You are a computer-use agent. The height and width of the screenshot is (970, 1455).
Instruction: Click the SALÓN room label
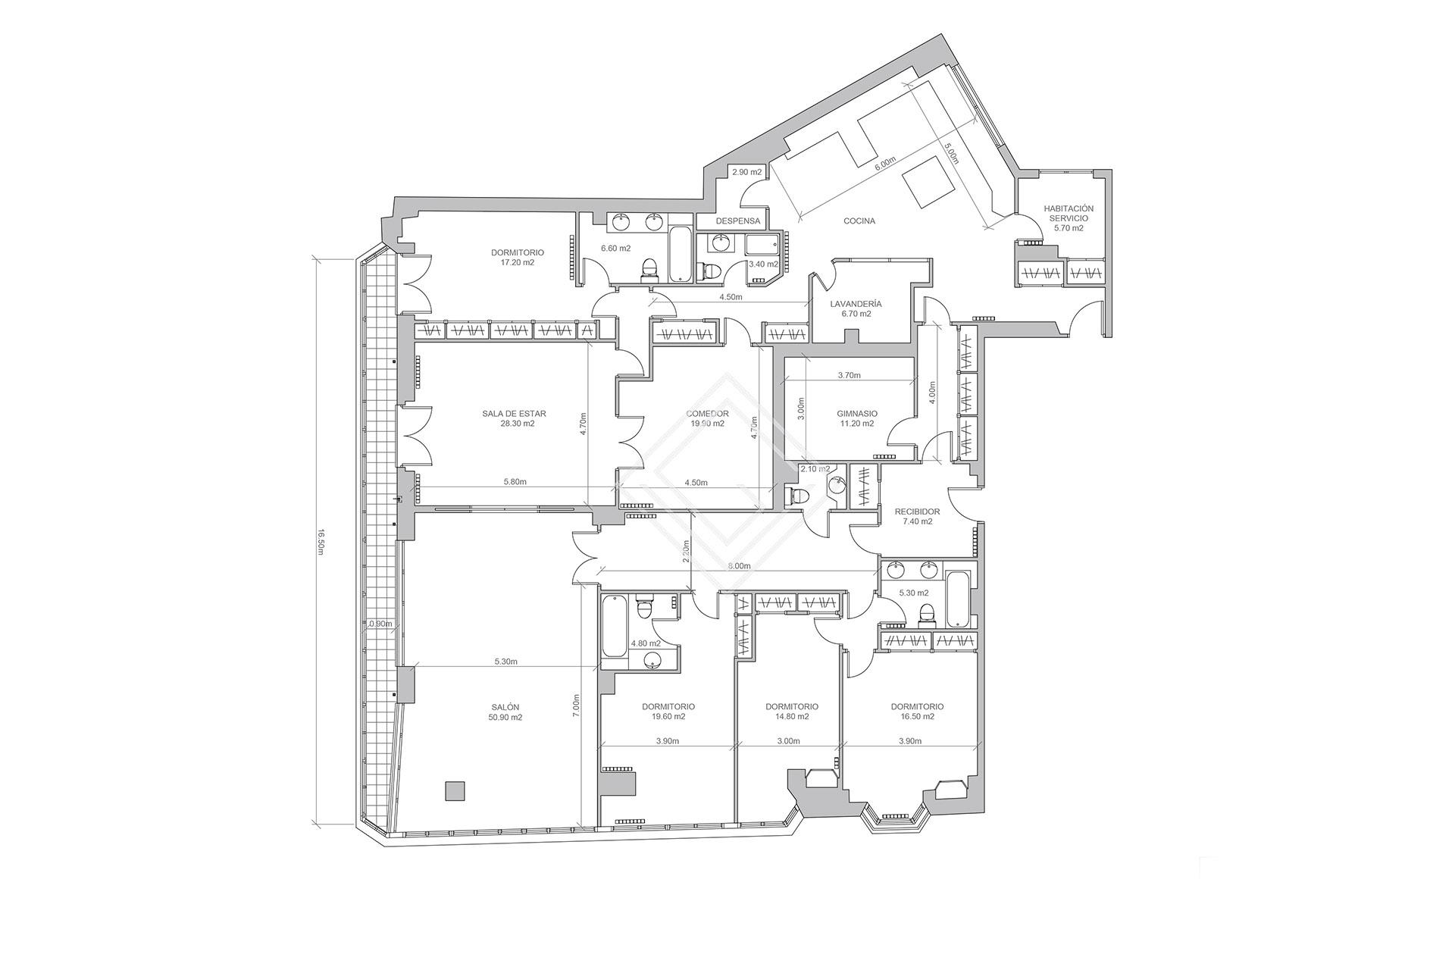click(505, 707)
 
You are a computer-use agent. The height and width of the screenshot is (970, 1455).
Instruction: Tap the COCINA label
click(859, 221)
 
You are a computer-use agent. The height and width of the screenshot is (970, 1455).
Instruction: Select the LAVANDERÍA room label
click(856, 304)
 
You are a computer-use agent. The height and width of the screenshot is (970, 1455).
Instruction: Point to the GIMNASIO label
click(857, 414)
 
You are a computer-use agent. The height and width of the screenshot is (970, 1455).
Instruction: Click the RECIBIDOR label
click(917, 512)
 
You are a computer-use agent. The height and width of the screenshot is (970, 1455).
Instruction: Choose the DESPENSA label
click(737, 221)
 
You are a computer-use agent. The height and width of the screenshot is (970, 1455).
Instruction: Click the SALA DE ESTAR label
click(514, 414)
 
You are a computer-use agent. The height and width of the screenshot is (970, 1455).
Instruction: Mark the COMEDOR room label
click(707, 414)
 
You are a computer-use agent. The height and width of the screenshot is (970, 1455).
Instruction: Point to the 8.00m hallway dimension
click(739, 566)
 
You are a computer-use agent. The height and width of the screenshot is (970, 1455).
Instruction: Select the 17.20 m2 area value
click(518, 263)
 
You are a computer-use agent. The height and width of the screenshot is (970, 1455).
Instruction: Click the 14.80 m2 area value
click(792, 717)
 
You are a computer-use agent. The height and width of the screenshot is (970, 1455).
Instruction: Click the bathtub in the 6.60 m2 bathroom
click(681, 254)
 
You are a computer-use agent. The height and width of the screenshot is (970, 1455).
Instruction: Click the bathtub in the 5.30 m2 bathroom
click(958, 599)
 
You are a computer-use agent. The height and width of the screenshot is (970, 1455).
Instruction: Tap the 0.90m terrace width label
click(380, 624)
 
